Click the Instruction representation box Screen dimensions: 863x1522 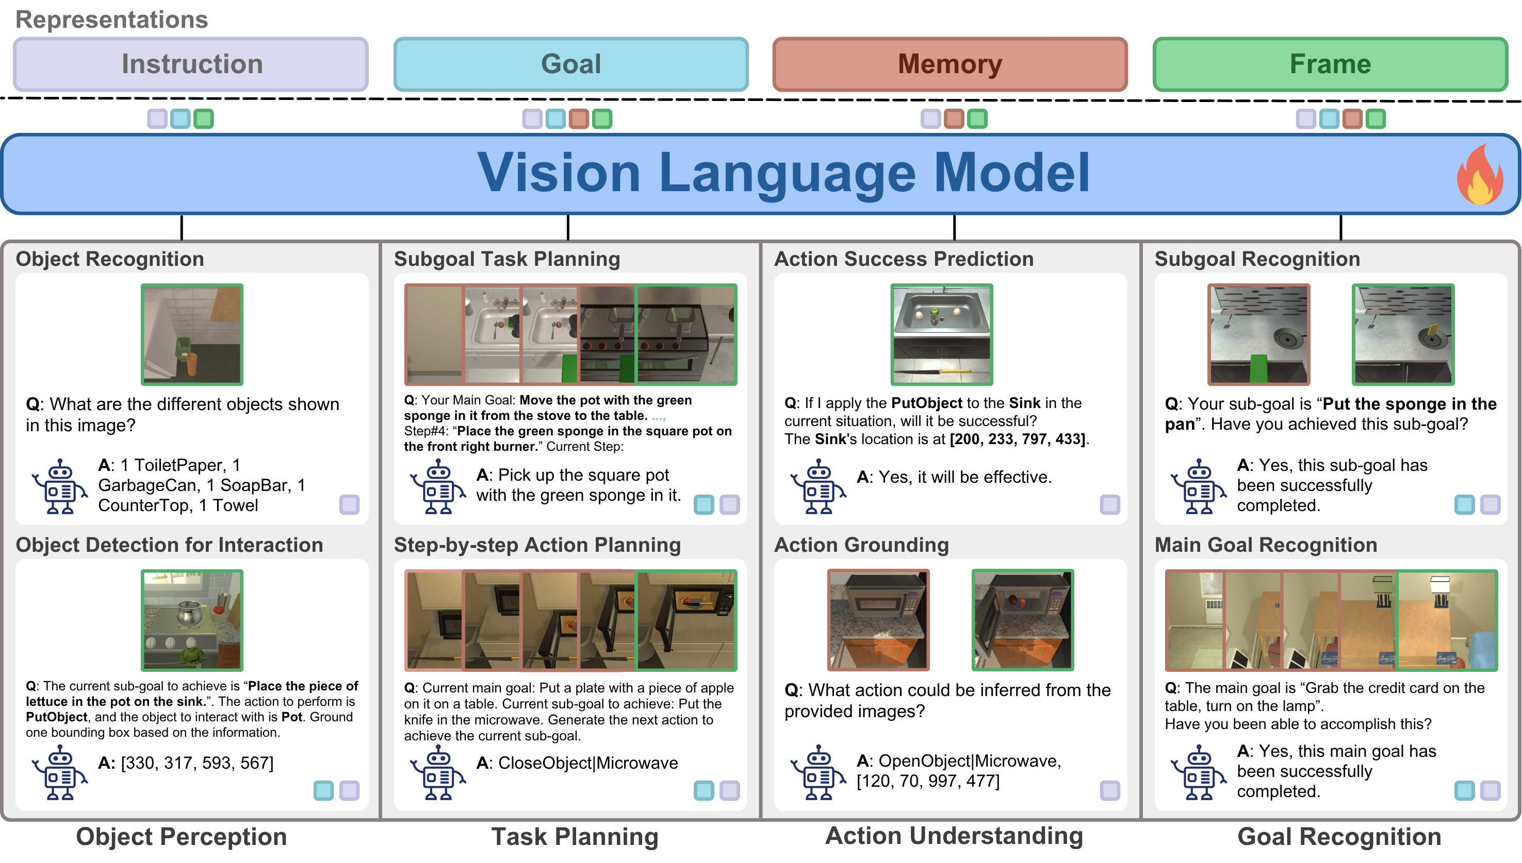[190, 64]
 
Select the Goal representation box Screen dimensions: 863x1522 [570, 64]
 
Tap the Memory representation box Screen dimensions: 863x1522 [950, 64]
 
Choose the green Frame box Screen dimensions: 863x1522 [1330, 64]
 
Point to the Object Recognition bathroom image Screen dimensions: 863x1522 [191, 334]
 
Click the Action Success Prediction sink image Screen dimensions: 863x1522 [941, 334]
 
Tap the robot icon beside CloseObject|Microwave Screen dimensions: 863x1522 [438, 773]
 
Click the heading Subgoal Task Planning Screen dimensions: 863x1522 [506, 259]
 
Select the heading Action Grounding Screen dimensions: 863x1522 [861, 545]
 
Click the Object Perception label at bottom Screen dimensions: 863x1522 [182, 836]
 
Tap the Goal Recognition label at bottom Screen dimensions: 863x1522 [1339, 836]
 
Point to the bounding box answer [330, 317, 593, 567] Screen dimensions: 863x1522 [197, 763]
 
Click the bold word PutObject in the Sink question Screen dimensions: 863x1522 [926, 403]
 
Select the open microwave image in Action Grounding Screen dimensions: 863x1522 [1022, 620]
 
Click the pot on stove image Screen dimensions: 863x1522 [191, 620]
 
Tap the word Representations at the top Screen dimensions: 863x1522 [111, 20]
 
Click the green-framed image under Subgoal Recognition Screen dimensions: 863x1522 [1402, 334]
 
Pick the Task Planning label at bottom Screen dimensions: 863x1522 [574, 836]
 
